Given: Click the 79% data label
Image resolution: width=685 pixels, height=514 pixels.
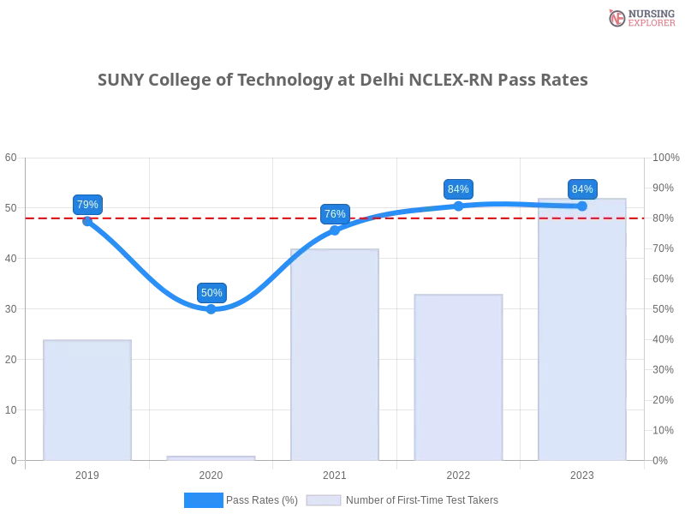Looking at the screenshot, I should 87,205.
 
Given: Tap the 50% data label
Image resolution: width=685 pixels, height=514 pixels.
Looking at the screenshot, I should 211,293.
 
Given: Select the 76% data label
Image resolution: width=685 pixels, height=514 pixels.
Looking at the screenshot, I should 335,214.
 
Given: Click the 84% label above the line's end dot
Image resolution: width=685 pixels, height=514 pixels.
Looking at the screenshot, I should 582,189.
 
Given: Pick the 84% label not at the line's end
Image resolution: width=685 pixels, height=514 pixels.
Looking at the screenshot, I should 458,189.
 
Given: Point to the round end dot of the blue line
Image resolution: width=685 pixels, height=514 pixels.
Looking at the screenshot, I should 582,206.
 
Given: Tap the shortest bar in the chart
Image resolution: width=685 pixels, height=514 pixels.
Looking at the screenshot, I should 211,457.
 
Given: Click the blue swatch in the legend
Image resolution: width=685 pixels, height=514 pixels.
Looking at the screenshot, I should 204,499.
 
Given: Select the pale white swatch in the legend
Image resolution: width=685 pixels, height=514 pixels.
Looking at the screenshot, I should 324,499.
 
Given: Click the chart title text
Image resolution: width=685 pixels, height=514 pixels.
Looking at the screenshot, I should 342,81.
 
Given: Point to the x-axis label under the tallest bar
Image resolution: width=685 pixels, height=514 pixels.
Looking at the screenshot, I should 582,473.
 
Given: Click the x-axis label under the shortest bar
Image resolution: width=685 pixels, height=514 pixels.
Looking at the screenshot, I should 211,473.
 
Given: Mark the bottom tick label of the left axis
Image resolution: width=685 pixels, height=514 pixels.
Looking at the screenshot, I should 12,460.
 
